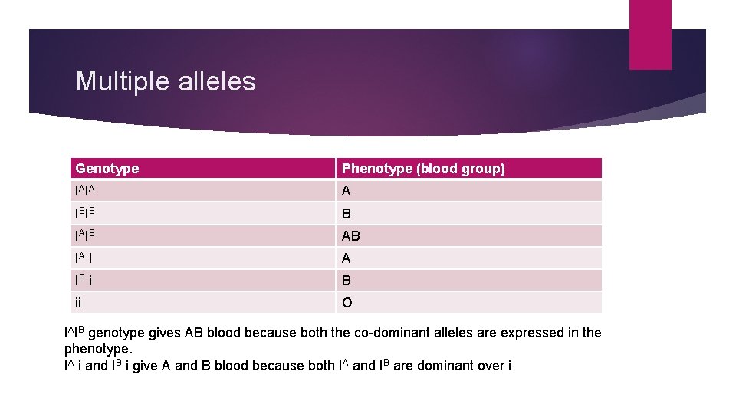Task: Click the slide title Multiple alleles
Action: point(166,81)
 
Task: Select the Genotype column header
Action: point(107,169)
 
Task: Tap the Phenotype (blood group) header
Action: point(423,169)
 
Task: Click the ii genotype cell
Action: point(80,303)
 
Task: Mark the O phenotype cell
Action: point(347,303)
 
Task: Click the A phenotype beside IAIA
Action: point(347,191)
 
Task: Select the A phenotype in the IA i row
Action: point(347,258)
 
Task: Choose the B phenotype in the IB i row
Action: point(347,281)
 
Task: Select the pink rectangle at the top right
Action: point(650,34)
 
